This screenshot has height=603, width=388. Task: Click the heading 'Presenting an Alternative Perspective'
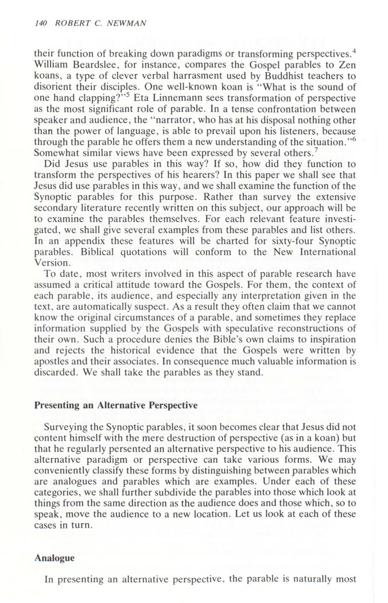point(116,404)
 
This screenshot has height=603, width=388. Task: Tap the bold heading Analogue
point(56,557)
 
